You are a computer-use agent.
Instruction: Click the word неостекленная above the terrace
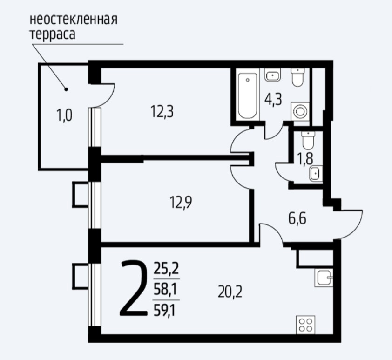(74, 20)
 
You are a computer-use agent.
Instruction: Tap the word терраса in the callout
(53, 34)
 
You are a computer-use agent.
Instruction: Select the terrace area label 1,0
(65, 116)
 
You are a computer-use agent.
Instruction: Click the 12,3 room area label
(162, 111)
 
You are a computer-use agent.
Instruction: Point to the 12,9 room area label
(181, 203)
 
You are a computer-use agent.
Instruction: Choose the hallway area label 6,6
(297, 219)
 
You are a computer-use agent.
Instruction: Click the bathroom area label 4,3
(273, 100)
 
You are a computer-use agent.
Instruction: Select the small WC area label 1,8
(305, 159)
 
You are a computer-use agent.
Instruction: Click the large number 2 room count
(134, 288)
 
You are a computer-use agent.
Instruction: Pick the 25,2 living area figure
(166, 269)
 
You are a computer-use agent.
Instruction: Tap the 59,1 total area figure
(164, 311)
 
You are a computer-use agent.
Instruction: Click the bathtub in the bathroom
(248, 95)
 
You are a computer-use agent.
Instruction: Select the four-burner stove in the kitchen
(305, 325)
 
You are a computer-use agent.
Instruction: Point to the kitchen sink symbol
(324, 278)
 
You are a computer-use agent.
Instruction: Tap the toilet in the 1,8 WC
(308, 141)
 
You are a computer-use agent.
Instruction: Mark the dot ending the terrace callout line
(66, 89)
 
